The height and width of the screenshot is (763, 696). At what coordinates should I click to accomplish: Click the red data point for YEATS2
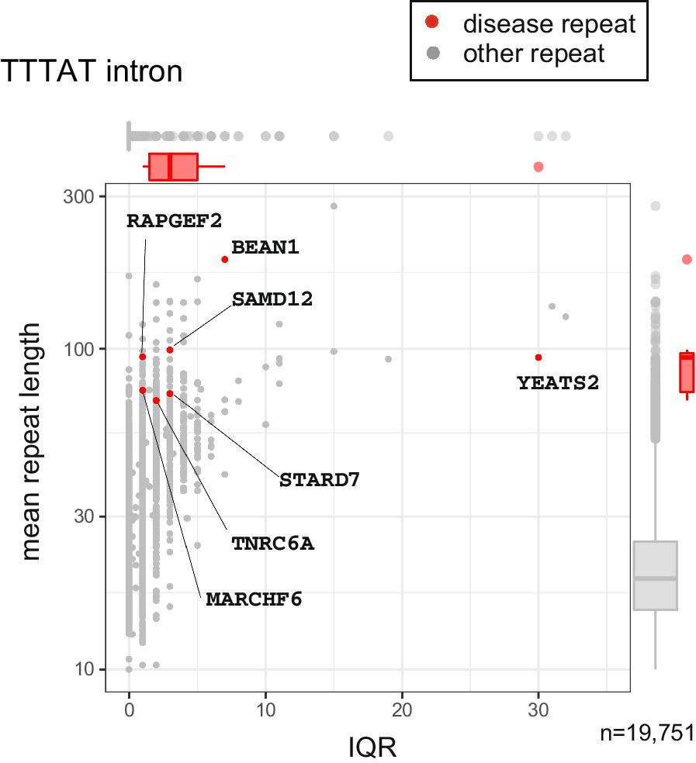pos(538,357)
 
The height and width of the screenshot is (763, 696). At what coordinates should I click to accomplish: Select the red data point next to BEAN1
pos(224,260)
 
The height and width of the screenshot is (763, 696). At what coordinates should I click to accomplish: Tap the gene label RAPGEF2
pos(175,221)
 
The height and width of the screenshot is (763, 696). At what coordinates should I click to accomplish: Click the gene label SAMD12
pos(272,299)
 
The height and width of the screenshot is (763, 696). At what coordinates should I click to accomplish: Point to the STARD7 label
pos(320,480)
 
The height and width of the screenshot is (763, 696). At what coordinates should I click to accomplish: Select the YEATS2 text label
pos(558,383)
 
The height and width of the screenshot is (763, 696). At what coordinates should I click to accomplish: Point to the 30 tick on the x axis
pos(538,710)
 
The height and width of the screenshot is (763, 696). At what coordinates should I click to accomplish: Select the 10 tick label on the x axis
pos(265,710)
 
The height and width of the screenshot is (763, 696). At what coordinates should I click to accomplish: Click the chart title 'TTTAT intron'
pos(92,72)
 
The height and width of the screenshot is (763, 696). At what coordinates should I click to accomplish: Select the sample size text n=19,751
pos(647,733)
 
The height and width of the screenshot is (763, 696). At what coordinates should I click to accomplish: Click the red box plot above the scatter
pos(173,167)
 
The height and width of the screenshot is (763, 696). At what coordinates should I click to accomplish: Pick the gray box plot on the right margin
pos(656,575)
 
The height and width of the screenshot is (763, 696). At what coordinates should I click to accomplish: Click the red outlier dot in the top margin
pos(538,167)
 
